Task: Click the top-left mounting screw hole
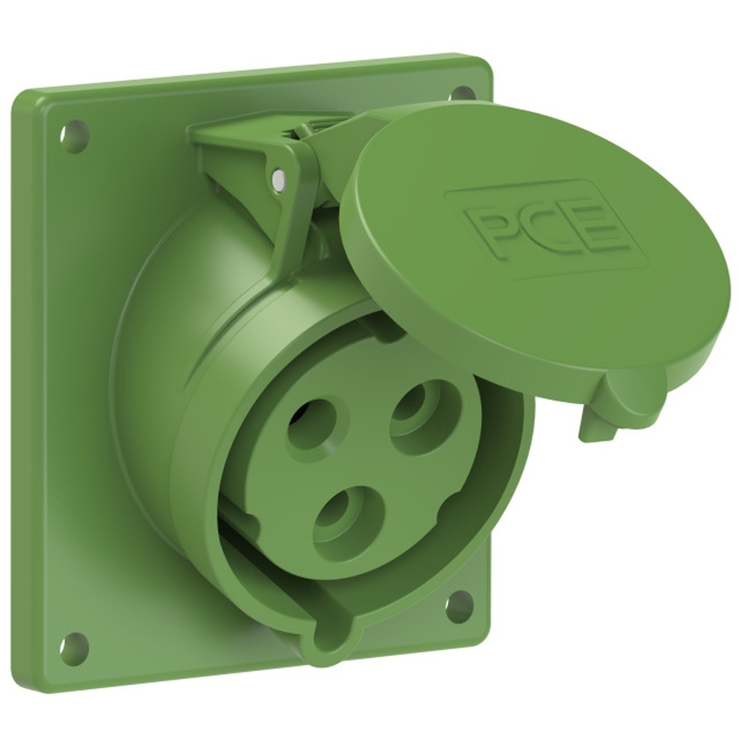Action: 74,137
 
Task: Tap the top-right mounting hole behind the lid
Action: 463,94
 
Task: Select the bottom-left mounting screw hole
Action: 74,649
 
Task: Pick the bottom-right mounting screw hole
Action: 459,605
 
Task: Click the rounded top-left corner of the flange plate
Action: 30,103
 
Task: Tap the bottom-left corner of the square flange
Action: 33,676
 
